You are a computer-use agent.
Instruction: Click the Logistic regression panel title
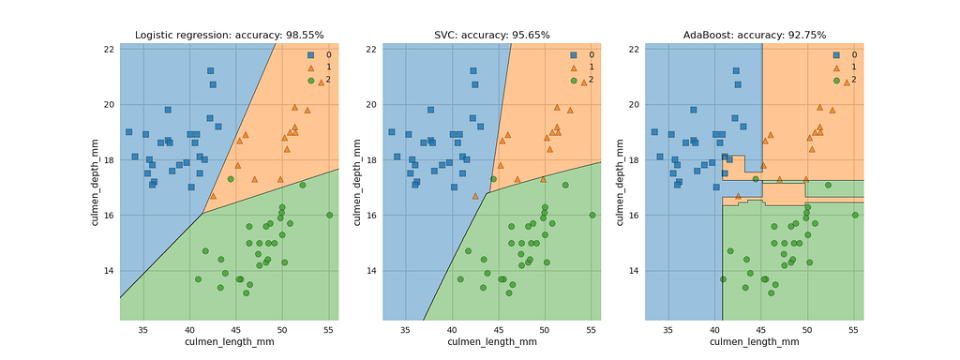pos(229,35)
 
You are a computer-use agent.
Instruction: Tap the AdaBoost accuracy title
pos(755,35)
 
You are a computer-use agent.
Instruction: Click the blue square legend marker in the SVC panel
pos(573,54)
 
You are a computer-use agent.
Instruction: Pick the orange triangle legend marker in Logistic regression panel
pos(310,67)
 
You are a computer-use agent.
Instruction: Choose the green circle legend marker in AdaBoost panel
pos(836,80)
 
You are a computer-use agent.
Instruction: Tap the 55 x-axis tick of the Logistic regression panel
pos(329,329)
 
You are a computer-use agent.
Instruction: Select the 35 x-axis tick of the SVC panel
pos(406,329)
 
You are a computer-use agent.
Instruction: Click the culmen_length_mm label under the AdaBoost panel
pos(755,341)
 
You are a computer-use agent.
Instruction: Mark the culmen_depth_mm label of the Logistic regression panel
pos(96,182)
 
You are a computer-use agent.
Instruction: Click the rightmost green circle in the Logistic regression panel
pos(329,215)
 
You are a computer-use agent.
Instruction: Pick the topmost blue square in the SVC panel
pos(473,71)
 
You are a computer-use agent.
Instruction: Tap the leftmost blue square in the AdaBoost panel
pos(654,131)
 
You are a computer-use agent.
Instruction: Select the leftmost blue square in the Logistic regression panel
pos(128,131)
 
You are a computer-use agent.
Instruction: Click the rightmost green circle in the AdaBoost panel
pos(855,215)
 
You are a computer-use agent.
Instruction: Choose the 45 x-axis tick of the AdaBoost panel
pos(761,329)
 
